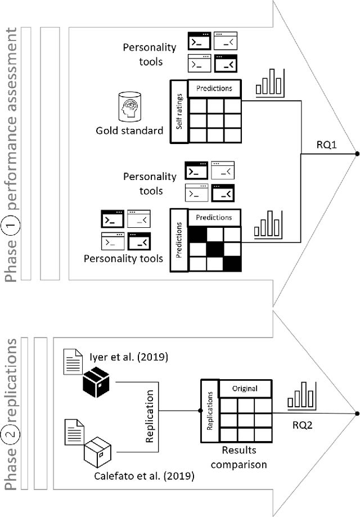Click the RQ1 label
[x=326, y=146]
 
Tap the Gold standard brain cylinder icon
[x=130, y=105]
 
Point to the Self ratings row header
[x=179, y=112]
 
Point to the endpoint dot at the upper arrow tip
[x=356, y=153]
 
